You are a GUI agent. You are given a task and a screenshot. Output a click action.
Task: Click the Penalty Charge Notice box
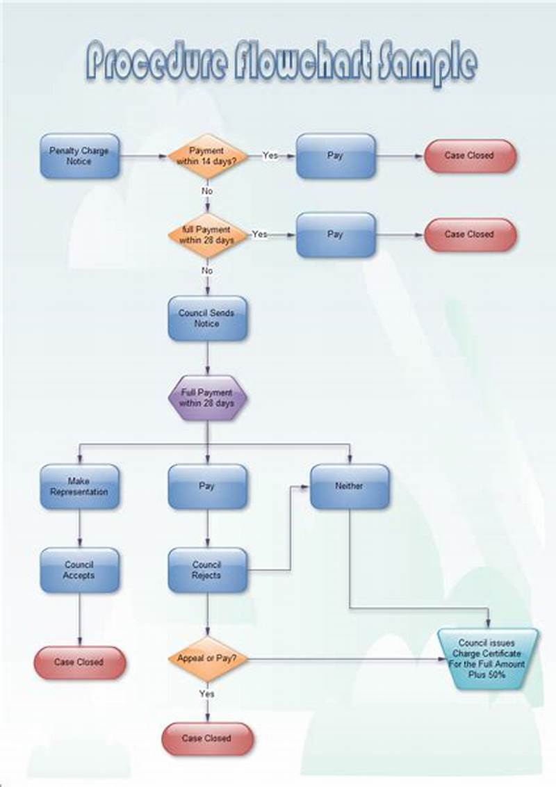[x=79, y=156]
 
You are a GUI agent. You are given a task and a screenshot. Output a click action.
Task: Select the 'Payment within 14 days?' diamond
[x=207, y=156]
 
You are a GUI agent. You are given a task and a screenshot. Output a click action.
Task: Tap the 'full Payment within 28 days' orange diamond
[x=207, y=235]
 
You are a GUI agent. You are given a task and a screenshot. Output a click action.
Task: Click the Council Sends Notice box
[x=207, y=318]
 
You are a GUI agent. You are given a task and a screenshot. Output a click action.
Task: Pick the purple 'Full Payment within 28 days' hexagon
[x=207, y=398]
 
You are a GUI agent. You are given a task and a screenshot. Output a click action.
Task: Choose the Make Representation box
[x=79, y=487]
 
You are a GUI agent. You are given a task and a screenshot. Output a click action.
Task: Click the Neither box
[x=349, y=487]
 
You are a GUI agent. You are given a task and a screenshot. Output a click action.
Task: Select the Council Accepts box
[x=79, y=570]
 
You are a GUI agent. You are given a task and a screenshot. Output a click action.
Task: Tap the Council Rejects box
[x=207, y=570]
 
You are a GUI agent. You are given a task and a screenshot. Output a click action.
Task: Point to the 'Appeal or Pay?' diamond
[x=207, y=658]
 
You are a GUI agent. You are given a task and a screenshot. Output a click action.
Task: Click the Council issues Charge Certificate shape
[x=488, y=658]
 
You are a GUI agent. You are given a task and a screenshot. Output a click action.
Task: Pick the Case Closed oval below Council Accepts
[x=79, y=663]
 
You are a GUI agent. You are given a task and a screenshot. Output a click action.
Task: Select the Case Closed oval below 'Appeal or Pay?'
[x=207, y=738]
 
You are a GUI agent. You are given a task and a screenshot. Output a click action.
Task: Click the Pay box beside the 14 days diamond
[x=336, y=156]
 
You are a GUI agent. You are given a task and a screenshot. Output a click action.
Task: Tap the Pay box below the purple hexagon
[x=207, y=487]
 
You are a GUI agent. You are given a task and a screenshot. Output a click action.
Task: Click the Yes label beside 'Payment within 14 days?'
[x=270, y=155]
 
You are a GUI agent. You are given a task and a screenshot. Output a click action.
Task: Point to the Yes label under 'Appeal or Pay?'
[x=207, y=694]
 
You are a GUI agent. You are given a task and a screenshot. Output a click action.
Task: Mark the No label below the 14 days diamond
[x=207, y=190]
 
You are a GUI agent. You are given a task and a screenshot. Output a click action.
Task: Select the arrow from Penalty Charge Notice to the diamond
[x=143, y=156]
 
